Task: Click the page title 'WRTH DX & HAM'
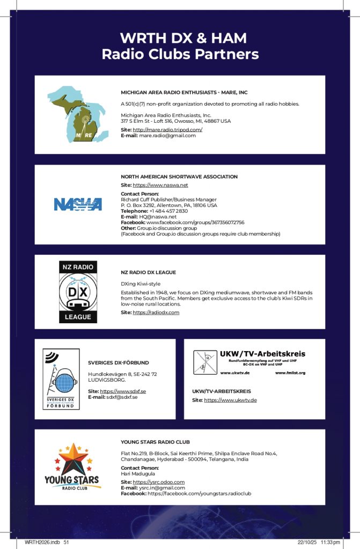(x=183, y=39)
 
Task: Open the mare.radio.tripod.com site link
(x=167, y=130)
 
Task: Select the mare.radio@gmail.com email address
(x=167, y=136)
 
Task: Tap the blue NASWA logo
(x=78, y=204)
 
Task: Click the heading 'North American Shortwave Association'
(x=179, y=176)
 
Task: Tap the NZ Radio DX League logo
(x=78, y=292)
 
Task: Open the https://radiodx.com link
(x=156, y=312)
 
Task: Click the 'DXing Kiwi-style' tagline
(x=141, y=284)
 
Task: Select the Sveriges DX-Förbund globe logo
(x=61, y=379)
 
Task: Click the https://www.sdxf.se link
(x=123, y=391)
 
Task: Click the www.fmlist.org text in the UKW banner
(x=290, y=373)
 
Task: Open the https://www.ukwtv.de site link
(x=230, y=400)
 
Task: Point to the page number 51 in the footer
(x=67, y=542)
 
